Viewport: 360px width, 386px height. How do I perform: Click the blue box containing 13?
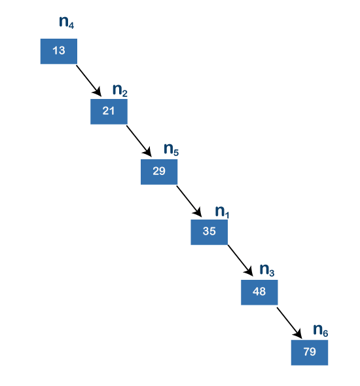click(59, 51)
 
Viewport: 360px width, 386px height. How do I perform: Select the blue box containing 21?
click(109, 111)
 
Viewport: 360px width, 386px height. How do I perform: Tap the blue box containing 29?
click(159, 172)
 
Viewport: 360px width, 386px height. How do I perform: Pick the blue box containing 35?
click(209, 232)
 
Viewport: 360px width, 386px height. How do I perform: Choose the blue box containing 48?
click(259, 292)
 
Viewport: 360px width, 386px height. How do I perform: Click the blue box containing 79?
click(310, 353)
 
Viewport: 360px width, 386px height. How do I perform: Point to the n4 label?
click(66, 22)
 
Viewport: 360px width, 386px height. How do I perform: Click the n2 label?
click(120, 90)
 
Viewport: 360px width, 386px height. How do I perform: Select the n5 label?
click(171, 149)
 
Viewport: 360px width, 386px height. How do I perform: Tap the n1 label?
click(222, 212)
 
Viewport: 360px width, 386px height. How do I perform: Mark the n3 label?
click(267, 270)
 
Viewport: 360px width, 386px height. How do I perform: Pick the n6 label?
click(321, 330)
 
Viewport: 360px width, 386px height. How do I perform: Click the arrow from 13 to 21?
click(89, 81)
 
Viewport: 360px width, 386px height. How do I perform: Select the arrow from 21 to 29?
click(139, 141)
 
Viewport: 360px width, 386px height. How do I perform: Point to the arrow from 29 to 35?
click(189, 201)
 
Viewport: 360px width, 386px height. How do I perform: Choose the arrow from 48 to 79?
click(289, 322)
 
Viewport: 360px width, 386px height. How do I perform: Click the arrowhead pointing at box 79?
click(298, 334)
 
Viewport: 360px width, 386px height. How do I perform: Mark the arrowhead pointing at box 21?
click(98, 92)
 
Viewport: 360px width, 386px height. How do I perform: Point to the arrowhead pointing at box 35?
click(198, 212)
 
